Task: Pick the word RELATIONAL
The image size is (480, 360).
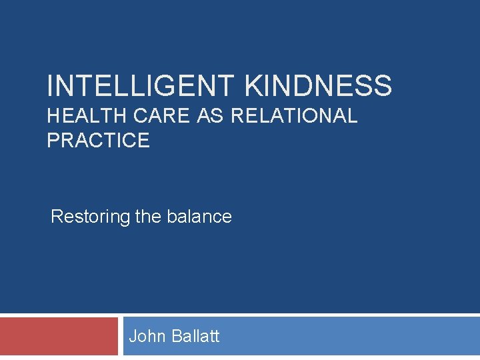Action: [294, 116]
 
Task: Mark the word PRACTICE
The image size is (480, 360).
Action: [98, 141]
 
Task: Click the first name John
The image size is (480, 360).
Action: [148, 336]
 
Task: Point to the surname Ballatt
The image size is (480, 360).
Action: [195, 336]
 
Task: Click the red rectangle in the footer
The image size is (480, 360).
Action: [59, 337]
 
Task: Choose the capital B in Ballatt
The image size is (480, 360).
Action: [177, 336]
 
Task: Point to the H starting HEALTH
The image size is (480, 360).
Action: [54, 116]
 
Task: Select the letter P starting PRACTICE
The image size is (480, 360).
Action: [53, 141]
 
